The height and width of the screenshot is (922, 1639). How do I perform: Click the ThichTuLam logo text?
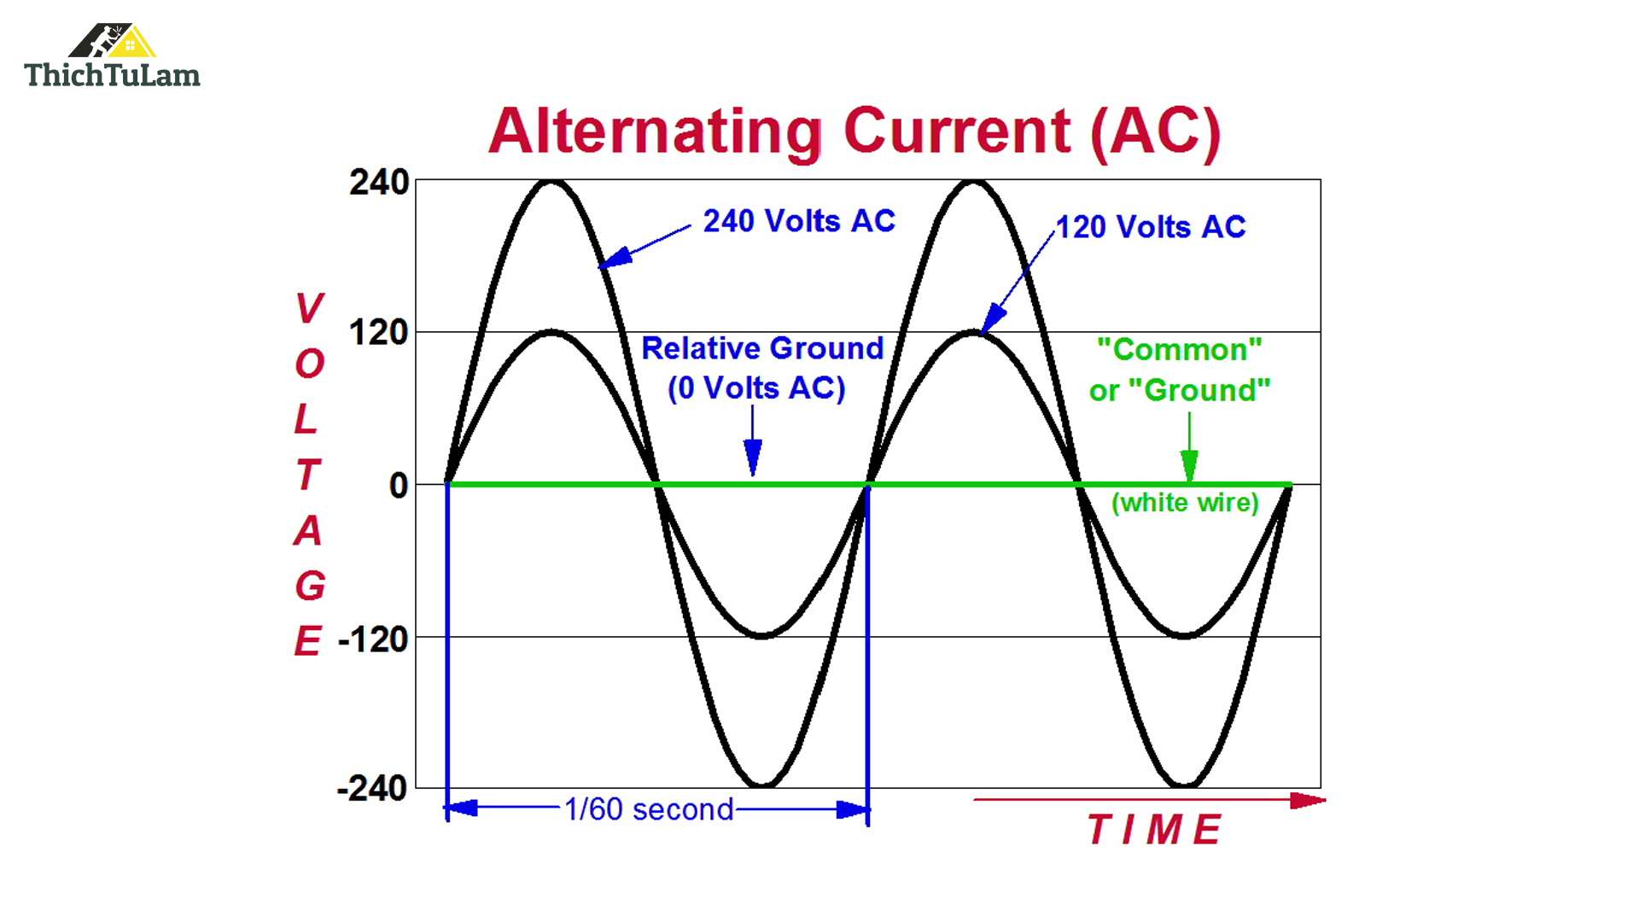(x=112, y=75)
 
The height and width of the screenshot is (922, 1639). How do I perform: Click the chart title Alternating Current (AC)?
(x=854, y=131)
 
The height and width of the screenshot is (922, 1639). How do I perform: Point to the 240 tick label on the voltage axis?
(x=379, y=183)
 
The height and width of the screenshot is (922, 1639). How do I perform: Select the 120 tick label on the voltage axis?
(x=379, y=333)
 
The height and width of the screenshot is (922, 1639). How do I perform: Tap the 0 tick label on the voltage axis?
(x=398, y=486)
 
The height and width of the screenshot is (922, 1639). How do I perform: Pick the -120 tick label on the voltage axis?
(x=373, y=639)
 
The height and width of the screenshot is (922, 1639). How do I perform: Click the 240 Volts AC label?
(x=799, y=221)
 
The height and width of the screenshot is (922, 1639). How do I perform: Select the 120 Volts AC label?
(x=1151, y=227)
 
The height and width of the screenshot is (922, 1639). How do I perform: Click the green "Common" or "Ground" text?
(x=1180, y=370)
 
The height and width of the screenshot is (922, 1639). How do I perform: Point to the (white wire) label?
(x=1185, y=502)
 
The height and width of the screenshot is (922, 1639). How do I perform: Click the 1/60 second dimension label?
(x=649, y=809)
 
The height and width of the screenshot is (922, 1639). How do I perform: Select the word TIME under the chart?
(x=1154, y=830)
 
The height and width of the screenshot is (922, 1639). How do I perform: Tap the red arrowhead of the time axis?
(x=1307, y=800)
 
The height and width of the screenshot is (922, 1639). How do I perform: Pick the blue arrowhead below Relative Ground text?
(x=752, y=456)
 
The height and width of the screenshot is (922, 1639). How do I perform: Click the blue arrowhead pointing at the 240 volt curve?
(x=615, y=257)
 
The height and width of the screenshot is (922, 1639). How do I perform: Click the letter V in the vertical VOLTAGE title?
(x=309, y=308)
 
